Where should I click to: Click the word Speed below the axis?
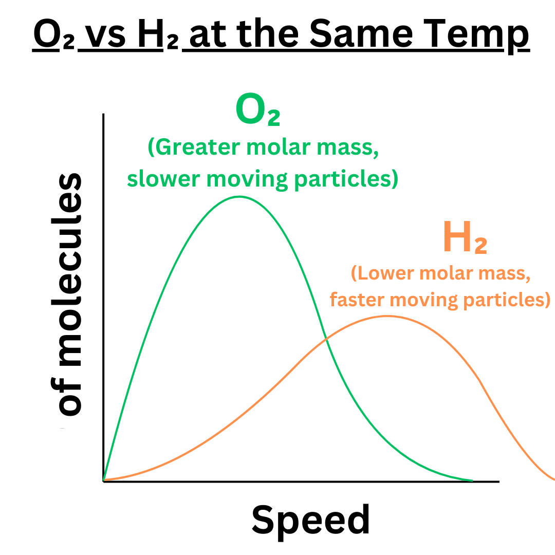coord(310,520)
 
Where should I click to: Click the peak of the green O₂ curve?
coord(239,196)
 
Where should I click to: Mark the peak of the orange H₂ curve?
coord(386,316)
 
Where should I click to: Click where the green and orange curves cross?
coord(326,339)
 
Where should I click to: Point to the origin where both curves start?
coord(104,481)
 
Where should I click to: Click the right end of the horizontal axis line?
coord(498,482)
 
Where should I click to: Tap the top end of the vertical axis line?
coord(104,114)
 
